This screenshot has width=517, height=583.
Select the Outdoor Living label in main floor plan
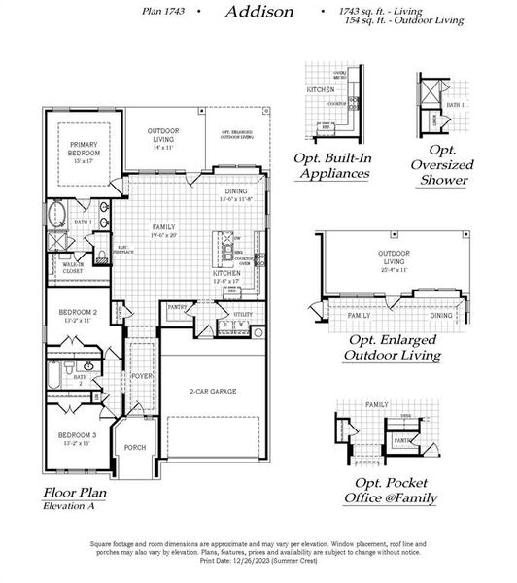click(162, 135)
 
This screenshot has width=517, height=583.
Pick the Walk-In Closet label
click(72, 266)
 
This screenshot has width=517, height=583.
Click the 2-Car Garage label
click(213, 392)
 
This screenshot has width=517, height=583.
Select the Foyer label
click(142, 375)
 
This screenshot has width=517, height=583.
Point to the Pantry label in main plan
click(178, 307)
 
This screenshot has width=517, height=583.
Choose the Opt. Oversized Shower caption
click(450, 164)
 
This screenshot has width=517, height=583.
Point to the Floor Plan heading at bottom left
click(74, 493)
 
